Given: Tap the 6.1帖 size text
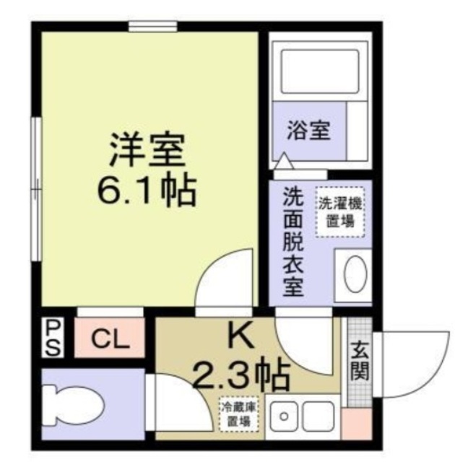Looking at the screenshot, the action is (x=147, y=189).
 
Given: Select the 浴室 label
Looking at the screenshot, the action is (x=308, y=130).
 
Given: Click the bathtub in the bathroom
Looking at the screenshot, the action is (x=320, y=71).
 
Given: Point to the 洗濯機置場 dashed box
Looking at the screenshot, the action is (x=340, y=212).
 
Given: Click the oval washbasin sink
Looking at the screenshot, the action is (x=355, y=274).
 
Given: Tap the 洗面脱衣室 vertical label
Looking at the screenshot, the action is (x=293, y=241).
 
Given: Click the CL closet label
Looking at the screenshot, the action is (x=110, y=339).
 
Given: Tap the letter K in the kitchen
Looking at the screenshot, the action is (x=241, y=335).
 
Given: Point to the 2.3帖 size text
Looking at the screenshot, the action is (x=241, y=374).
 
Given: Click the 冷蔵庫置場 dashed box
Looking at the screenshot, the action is (x=239, y=414).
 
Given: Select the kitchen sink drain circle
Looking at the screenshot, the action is (x=284, y=417).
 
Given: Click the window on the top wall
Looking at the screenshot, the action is (x=153, y=26).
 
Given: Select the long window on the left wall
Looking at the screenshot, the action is (x=37, y=189).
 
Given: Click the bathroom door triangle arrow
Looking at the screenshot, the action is (x=284, y=161).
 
